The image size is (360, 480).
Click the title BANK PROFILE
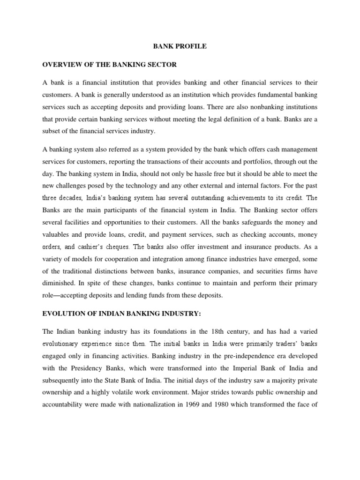(180, 47)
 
